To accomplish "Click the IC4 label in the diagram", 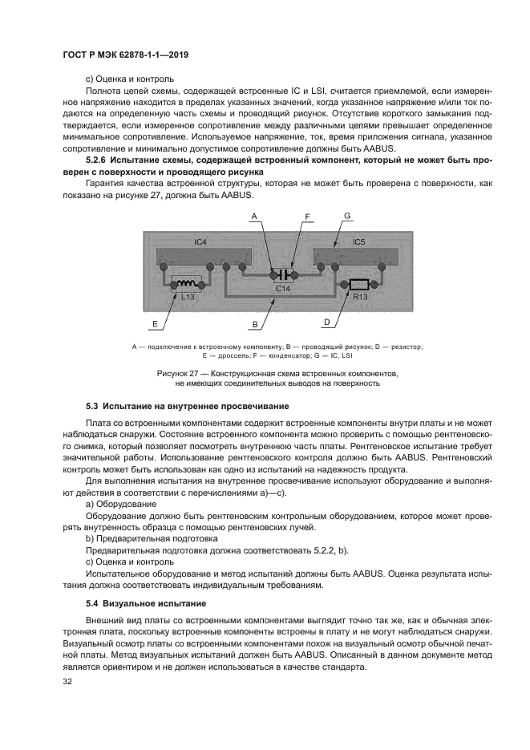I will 200,241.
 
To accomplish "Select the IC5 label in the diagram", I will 358,241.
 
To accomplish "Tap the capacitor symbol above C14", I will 281,274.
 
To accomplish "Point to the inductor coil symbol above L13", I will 187,284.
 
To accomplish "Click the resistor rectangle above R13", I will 358,284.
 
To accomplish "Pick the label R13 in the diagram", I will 358,297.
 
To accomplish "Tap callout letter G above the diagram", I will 346,216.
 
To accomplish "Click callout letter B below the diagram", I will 254,324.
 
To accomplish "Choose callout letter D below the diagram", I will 326,322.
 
